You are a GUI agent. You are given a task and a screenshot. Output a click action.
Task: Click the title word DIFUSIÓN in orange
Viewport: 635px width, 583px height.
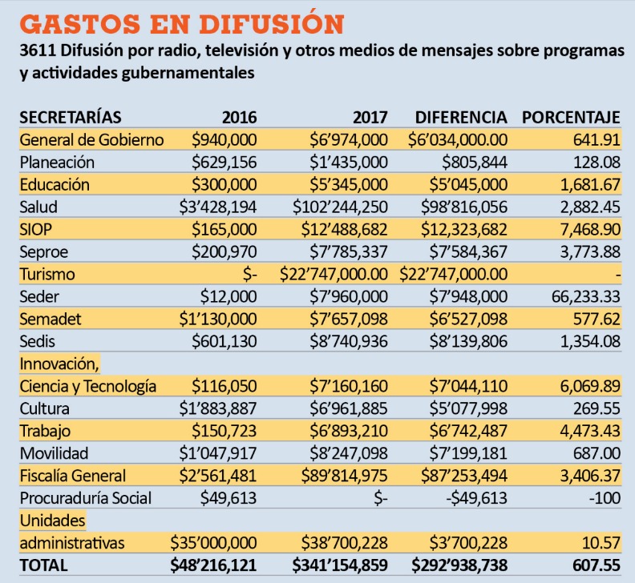(271, 24)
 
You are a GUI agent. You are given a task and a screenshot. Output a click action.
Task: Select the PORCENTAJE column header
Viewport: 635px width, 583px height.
(571, 118)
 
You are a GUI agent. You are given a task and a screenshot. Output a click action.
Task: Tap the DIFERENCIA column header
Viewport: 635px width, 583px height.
(461, 118)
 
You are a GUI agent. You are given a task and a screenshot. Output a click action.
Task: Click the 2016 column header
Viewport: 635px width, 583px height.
(239, 118)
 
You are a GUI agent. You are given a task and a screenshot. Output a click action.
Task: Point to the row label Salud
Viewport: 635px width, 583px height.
(38, 207)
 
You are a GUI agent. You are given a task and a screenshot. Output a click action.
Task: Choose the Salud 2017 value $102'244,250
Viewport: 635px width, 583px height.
(340, 207)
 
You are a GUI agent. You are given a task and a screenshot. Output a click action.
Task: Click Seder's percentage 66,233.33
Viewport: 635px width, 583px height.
(585, 296)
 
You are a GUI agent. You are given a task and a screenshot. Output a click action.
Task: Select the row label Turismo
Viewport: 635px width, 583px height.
(47, 275)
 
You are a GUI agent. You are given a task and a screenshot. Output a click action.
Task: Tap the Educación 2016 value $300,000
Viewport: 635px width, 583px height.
(224, 185)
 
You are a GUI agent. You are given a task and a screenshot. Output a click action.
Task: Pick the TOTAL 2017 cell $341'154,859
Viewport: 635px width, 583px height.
(340, 565)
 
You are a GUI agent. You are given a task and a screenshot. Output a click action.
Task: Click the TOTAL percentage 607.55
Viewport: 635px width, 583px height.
(597, 565)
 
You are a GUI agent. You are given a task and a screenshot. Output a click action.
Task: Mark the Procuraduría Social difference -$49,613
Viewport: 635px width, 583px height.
(477, 498)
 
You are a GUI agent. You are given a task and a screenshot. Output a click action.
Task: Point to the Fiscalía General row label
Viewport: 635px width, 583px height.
(73, 476)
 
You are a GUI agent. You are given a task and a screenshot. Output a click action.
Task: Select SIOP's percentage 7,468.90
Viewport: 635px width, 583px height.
(590, 229)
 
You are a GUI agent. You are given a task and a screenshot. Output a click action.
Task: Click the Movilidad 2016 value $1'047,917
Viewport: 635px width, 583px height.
(218, 453)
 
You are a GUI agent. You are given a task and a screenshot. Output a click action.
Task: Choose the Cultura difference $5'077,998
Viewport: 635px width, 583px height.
(468, 408)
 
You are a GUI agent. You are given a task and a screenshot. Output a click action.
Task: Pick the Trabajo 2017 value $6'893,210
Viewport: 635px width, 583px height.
(349, 431)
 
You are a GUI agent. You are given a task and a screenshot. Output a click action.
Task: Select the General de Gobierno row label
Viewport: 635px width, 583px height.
(91, 140)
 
